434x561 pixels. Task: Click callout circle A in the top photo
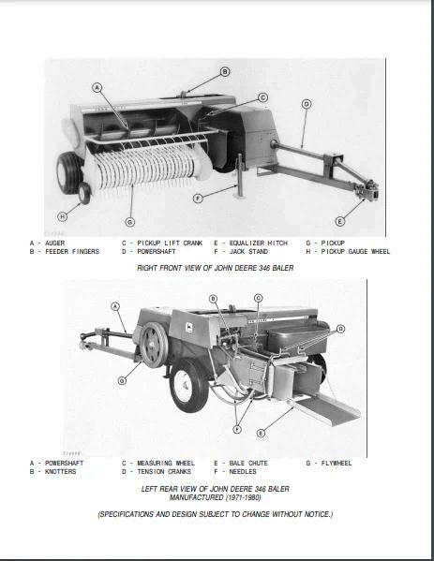(97, 88)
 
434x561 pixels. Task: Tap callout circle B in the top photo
(225, 72)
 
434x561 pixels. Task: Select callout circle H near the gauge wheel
(62, 216)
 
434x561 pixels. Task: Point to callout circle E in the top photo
(340, 221)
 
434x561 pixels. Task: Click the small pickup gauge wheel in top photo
(84, 193)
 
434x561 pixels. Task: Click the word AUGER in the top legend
(54, 244)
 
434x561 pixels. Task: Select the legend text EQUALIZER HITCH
(258, 244)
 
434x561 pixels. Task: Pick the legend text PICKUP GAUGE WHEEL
(355, 252)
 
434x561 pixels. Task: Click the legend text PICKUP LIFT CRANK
(170, 244)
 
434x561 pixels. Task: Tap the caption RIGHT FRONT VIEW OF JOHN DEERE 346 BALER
(216, 268)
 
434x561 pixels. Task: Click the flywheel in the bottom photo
(154, 345)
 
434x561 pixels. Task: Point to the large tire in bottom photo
(188, 385)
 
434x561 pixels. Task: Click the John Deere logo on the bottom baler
(188, 328)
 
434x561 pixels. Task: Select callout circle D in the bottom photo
(340, 329)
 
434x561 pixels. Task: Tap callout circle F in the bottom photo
(237, 429)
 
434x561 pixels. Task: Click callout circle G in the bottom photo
(122, 380)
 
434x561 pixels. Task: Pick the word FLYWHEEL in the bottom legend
(337, 464)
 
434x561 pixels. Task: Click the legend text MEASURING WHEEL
(166, 464)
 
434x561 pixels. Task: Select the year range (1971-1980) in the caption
(243, 497)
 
